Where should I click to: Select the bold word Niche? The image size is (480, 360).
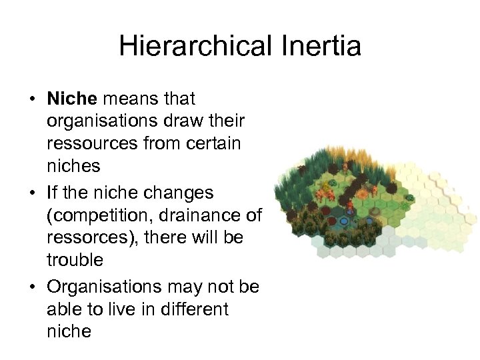pos(72,99)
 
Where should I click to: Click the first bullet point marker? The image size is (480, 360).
pos(31,100)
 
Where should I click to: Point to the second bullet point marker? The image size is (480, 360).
pos(31,193)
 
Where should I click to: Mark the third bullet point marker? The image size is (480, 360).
pos(31,287)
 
